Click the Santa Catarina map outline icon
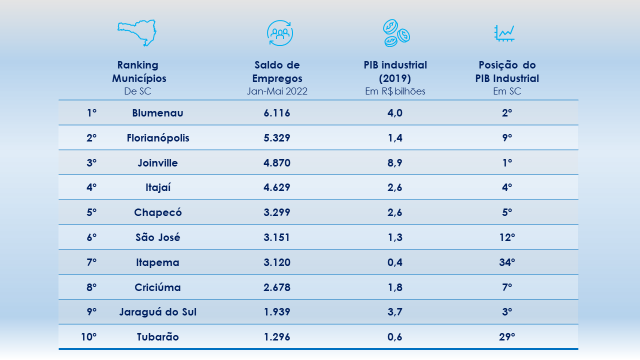pyautogui.click(x=137, y=33)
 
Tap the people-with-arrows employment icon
pyautogui.click(x=279, y=33)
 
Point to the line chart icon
pyautogui.click(x=504, y=33)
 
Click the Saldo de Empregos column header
pyautogui.click(x=277, y=71)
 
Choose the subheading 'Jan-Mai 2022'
pyautogui.click(x=277, y=91)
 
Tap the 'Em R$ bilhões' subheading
pyautogui.click(x=395, y=91)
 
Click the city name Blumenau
pyautogui.click(x=157, y=113)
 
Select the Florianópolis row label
pyautogui.click(x=158, y=138)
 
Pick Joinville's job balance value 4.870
pyautogui.click(x=277, y=163)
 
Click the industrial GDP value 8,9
pyautogui.click(x=395, y=163)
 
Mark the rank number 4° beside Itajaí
pyautogui.click(x=91, y=187)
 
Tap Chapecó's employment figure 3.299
pyautogui.click(x=277, y=212)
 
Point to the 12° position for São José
pyautogui.click(x=507, y=237)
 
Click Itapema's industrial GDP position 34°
pyautogui.click(x=507, y=262)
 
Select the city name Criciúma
pyautogui.click(x=157, y=287)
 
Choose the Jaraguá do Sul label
pyautogui.click(x=157, y=312)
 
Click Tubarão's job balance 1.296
pyautogui.click(x=277, y=337)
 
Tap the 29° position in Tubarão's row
pyautogui.click(x=507, y=337)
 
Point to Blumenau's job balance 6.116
pyautogui.click(x=277, y=113)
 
